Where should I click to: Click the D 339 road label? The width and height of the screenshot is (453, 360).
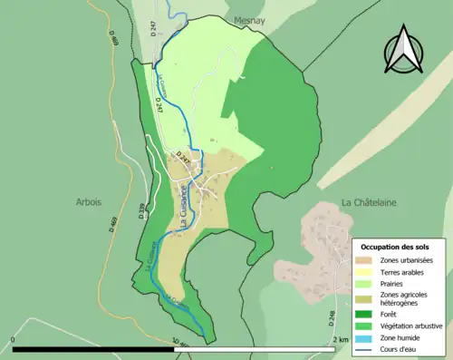[x=142, y=213]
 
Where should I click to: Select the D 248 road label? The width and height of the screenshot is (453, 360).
[x=332, y=318]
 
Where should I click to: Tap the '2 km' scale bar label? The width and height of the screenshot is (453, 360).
[x=340, y=340]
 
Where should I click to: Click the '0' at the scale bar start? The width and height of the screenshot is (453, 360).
[x=13, y=340]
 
